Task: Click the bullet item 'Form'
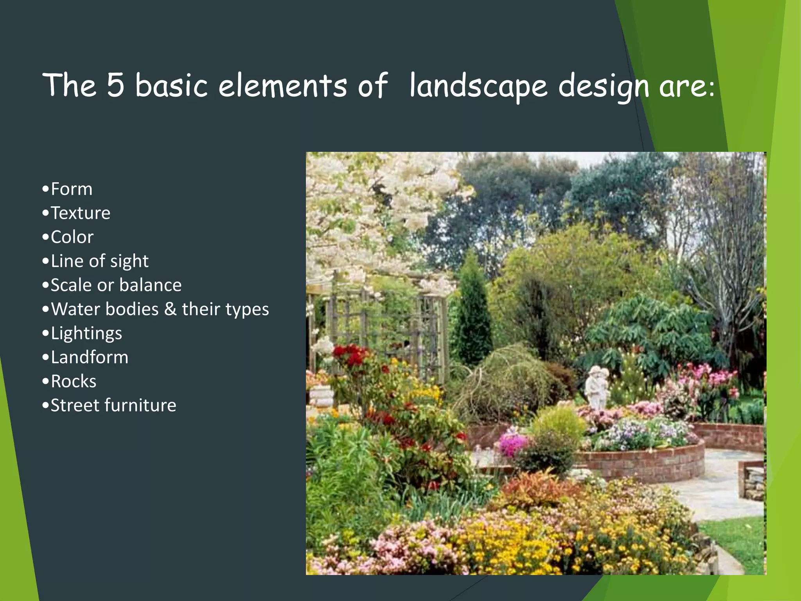[72, 189]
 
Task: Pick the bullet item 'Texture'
[80, 213]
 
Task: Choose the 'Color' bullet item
[72, 237]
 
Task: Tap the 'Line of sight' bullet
[99, 261]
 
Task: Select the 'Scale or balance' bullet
[116, 285]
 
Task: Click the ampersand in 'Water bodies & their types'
[170, 309]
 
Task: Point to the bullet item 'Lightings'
[86, 333]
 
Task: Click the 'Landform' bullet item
[89, 357]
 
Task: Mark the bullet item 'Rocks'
[74, 381]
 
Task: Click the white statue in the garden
[596, 387]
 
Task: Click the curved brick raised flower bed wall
[641, 464]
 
